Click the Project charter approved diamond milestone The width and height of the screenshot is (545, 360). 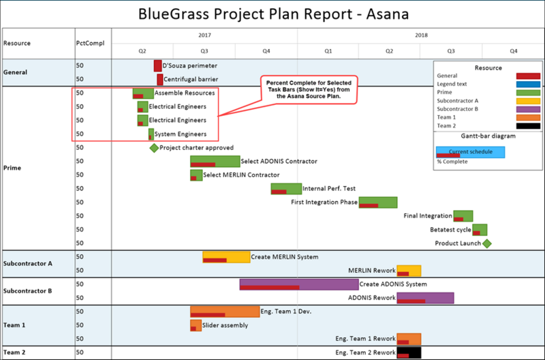coord(154,148)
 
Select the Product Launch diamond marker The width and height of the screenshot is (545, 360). coord(487,243)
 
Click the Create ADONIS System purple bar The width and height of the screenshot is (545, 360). coord(299,284)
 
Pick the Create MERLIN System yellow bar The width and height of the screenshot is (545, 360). coord(226,257)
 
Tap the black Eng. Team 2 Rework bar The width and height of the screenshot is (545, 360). coord(409,352)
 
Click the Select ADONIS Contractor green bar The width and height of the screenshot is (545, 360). coord(215,162)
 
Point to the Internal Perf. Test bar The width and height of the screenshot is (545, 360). coord(286,188)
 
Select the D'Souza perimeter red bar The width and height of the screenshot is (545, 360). coord(158,65)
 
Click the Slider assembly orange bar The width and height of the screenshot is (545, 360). coord(196,325)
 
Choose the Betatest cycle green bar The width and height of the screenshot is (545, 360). coord(480,230)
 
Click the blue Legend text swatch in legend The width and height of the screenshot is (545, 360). coord(529,84)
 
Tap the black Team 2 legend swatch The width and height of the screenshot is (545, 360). coord(529,125)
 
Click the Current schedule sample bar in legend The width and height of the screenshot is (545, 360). coord(470,152)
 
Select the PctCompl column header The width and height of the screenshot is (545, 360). coord(90,43)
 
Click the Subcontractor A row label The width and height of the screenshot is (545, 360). coord(28,263)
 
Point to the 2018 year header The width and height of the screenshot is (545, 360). coord(421,35)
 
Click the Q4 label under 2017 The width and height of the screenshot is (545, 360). coord(266,51)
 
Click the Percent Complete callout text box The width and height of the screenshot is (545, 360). coord(309,90)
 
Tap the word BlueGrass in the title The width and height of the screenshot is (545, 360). coord(174,14)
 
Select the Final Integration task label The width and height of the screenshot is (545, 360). coord(428,215)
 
